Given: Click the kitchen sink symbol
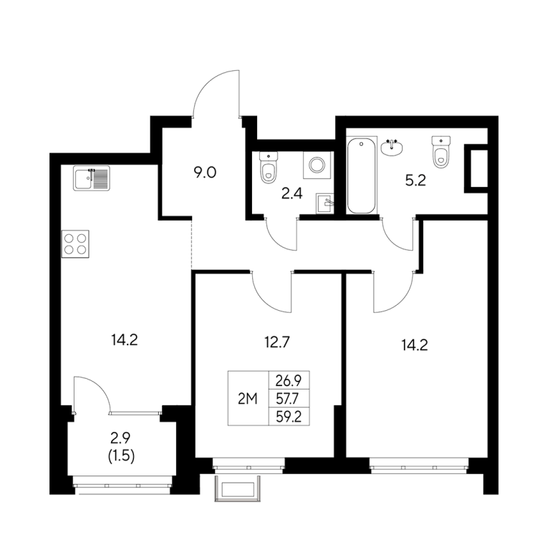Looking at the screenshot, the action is pos(92,178).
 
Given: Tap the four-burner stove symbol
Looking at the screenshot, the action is pos(75,243).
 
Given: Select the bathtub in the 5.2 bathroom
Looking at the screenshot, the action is pos(361,175).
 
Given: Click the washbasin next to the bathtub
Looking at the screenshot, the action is pos(392,148).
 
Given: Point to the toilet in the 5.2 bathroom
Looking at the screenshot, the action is pos(441,152).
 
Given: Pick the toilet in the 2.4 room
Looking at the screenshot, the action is pos(269,168).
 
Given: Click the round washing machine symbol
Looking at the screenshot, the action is pos(318,165).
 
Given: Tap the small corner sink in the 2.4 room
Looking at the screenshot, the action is pos(325,203).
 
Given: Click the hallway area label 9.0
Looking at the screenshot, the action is pos(206,173).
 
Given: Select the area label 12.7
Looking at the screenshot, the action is pos(276,342).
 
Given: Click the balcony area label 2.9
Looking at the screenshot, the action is pos(120,438).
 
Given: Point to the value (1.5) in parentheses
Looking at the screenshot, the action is pos(121,456).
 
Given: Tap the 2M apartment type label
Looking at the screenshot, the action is pos(248,399).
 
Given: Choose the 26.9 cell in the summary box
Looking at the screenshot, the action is pos(289,380).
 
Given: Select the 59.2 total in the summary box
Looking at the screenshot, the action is pos(289,417).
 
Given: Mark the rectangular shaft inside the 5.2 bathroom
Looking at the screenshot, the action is pos(476,168).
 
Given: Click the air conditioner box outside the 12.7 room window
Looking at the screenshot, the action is pos(238,488).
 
